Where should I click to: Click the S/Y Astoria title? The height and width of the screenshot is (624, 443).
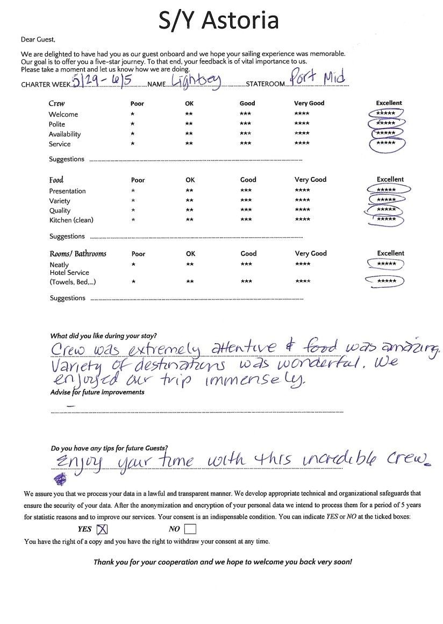click(218, 20)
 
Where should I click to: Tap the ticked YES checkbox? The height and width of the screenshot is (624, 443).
click(102, 529)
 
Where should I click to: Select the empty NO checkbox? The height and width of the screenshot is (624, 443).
click(190, 529)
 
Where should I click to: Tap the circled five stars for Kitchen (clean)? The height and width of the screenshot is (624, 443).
click(385, 219)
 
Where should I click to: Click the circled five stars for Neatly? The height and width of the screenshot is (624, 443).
click(385, 264)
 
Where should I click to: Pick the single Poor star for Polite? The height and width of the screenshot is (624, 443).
click(132, 124)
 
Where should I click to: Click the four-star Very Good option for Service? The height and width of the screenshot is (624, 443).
click(302, 144)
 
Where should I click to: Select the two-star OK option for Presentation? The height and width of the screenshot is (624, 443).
click(189, 191)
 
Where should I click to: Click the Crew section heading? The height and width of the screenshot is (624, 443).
click(56, 103)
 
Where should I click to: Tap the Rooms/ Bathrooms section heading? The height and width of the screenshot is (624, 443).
click(77, 253)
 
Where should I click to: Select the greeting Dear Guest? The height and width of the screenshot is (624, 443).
click(38, 39)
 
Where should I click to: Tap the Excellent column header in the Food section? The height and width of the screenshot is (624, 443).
click(390, 180)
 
